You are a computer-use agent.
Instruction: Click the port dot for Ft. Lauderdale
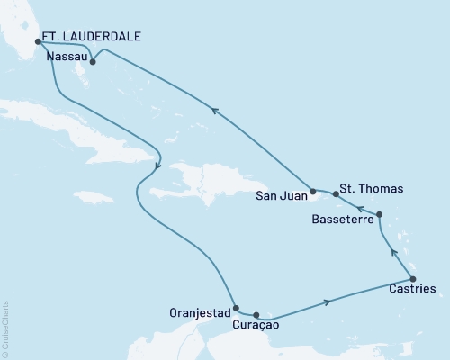[37, 41]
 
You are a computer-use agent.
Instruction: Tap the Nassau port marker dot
[94, 63]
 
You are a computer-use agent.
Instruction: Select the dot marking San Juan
[312, 192]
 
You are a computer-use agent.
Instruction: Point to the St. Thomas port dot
[336, 194]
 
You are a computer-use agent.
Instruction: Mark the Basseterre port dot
[379, 215]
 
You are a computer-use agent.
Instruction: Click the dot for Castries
[411, 279]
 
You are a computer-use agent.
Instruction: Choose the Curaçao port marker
[257, 315]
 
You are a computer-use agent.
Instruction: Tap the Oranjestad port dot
[236, 308]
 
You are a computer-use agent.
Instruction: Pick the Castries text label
[415, 291]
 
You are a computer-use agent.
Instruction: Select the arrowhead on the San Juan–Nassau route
[214, 110]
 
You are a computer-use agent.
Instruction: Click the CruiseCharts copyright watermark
[5, 328]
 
